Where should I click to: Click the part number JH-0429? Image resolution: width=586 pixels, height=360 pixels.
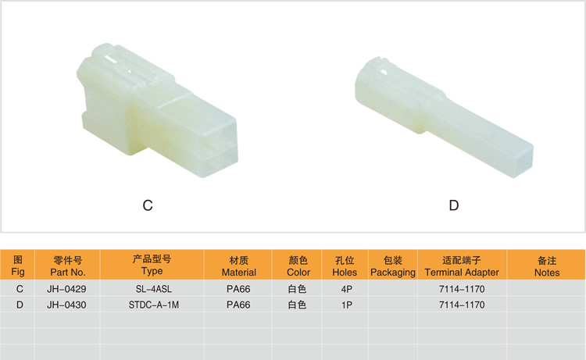tap(66, 289)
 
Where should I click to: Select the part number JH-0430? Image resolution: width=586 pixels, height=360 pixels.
tap(66, 305)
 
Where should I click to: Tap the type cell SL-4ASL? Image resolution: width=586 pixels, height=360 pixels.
tap(154, 289)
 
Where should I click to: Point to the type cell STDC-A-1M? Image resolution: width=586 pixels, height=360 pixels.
tap(154, 305)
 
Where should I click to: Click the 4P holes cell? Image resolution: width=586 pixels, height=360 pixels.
tap(346, 289)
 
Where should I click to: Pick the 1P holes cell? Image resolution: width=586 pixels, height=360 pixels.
tap(346, 305)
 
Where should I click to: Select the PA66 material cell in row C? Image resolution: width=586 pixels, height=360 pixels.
tap(238, 289)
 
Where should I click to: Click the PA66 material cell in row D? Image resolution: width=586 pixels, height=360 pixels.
tap(238, 305)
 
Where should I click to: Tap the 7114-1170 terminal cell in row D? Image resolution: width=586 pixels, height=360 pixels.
tap(462, 305)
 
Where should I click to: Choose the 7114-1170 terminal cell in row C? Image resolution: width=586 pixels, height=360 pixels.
tap(462, 289)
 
